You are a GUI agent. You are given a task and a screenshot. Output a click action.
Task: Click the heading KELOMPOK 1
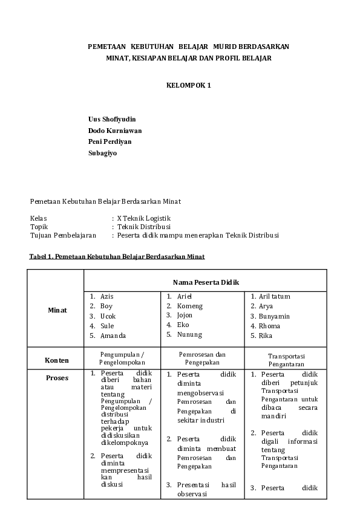tap(188, 85)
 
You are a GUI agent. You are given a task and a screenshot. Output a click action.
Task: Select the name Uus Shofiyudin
tap(112, 119)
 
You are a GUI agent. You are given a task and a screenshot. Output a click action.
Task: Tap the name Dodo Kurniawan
tap(115, 131)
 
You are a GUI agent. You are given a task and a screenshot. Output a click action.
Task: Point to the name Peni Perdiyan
tap(110, 141)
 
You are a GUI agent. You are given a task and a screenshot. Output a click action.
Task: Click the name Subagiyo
tap(103, 153)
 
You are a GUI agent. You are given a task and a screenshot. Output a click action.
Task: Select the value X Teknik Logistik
tap(144, 218)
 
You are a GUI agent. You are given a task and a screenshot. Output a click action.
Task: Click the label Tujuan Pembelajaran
tap(63, 235)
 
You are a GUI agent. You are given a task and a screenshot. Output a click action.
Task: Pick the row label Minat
tap(57, 310)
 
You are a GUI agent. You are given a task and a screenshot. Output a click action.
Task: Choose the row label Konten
tap(57, 360)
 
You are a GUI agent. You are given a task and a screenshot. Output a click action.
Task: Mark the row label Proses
tap(57, 378)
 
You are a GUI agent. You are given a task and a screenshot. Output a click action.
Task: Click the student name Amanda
tap(113, 336)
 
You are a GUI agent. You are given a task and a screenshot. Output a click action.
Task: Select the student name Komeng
tap(190, 306)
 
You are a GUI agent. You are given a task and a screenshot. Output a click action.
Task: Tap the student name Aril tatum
tap(275, 296)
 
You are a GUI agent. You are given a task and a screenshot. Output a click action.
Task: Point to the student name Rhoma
tap(269, 326)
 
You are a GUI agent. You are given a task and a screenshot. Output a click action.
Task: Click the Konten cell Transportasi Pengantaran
tap(286, 360)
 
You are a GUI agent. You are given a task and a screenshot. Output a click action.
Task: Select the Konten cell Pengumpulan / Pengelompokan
tap(122, 358)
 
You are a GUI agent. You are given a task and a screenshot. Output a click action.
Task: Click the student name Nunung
tap(189, 334)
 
